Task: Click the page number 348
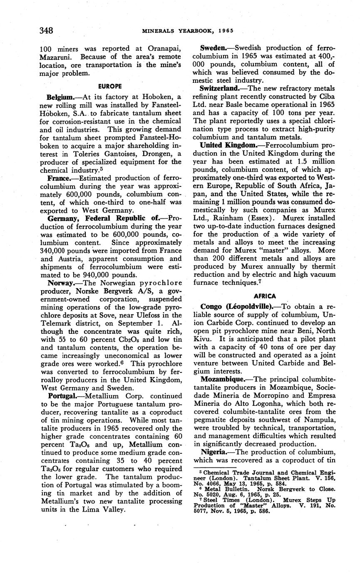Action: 46,30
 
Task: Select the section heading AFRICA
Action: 265,296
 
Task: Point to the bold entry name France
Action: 59,178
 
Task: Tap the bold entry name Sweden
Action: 213,49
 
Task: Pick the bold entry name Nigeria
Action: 214,452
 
